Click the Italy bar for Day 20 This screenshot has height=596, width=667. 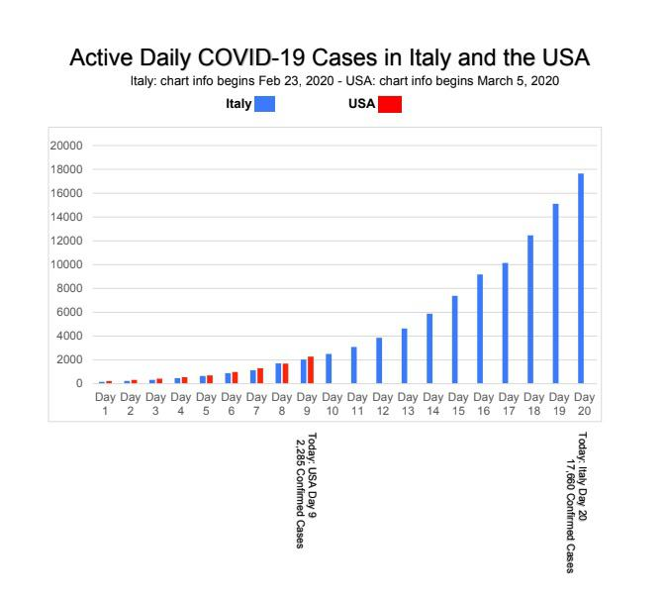[x=581, y=278]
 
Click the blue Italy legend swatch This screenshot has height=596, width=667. [x=264, y=105]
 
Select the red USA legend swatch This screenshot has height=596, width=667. [x=390, y=105]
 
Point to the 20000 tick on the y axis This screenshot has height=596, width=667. [x=66, y=146]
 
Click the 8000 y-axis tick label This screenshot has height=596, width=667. [x=69, y=288]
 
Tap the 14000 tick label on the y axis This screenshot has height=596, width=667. [x=66, y=217]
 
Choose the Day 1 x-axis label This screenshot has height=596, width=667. [x=105, y=403]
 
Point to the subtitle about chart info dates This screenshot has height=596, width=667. [x=345, y=81]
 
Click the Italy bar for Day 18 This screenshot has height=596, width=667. [x=530, y=309]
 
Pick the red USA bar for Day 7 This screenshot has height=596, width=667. [x=260, y=375]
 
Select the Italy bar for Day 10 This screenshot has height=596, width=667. [x=329, y=368]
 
